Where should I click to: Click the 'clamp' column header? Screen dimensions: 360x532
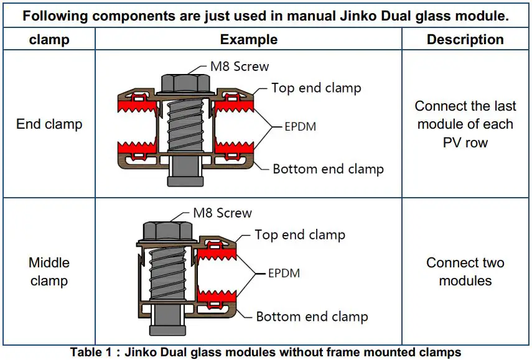click(49, 40)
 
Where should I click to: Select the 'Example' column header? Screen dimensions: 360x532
click(248, 40)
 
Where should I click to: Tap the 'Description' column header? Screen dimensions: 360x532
click(465, 40)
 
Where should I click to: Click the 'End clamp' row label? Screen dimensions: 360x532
click(49, 124)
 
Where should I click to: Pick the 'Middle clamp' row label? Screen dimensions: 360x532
click(49, 272)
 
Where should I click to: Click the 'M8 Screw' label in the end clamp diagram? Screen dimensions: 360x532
click(240, 67)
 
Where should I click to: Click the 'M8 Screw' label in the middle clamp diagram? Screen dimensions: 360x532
click(222, 213)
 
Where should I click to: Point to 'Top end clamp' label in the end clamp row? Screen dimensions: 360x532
click(315, 88)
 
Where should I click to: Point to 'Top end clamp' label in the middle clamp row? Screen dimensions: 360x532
click(299, 234)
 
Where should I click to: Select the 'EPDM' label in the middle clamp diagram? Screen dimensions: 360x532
click(284, 273)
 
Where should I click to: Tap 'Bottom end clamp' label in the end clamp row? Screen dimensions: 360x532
click(328, 169)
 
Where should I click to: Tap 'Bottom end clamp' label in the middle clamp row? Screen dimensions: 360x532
click(312, 316)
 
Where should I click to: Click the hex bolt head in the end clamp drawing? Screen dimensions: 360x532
click(181, 82)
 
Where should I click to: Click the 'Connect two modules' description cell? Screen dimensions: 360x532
click(465, 272)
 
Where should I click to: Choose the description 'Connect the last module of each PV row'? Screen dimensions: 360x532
click(465, 124)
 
